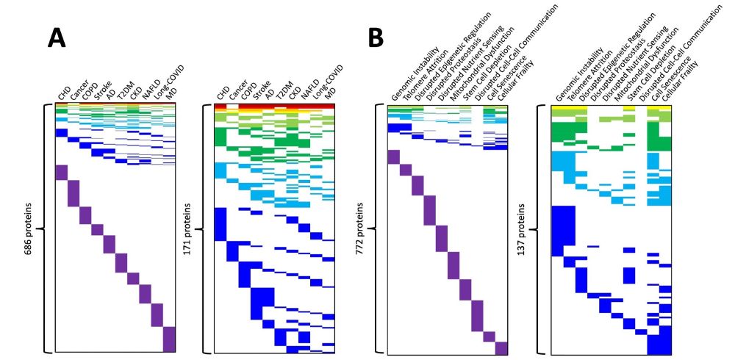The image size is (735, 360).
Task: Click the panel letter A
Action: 57,37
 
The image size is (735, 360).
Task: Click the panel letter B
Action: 376,37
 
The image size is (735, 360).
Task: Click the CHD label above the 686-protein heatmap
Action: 65,93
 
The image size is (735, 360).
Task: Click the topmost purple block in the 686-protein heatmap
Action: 61,172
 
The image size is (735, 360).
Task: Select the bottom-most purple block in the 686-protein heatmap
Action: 170,339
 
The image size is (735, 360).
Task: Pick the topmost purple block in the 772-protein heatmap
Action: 392,158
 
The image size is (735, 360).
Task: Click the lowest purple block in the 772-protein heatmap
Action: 502,348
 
